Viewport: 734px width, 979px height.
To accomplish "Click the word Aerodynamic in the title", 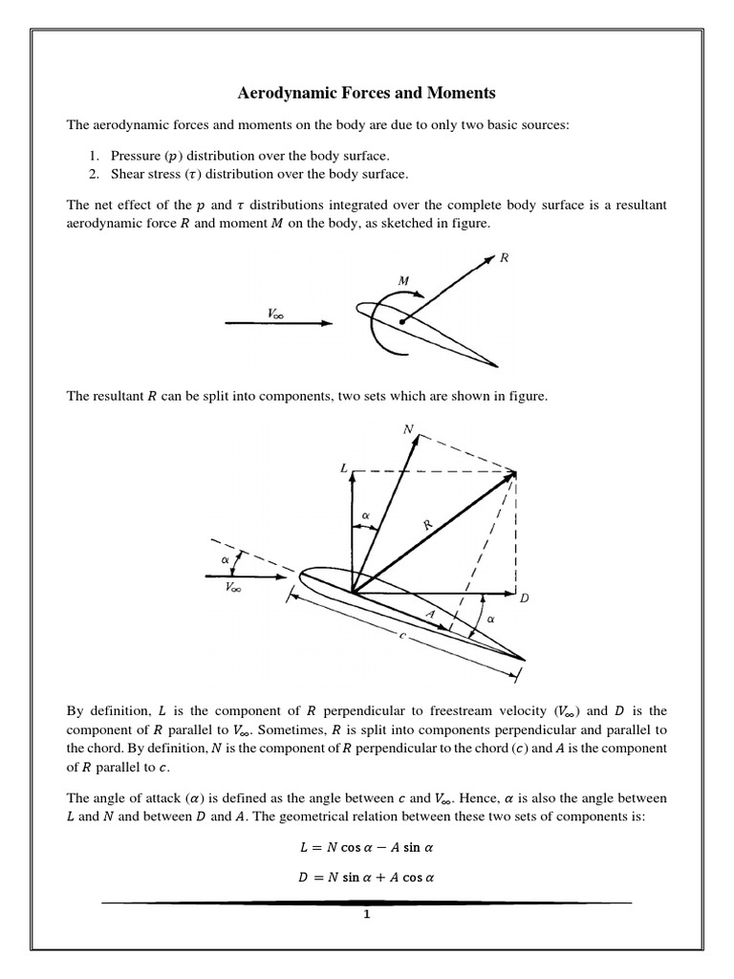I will tap(284, 94).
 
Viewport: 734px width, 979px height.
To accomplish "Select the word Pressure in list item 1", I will tap(137, 156).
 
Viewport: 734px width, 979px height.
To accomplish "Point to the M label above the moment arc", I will tap(404, 280).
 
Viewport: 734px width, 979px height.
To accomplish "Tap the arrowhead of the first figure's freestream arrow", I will tap(328, 323).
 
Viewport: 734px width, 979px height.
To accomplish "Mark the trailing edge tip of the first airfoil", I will tap(497, 365).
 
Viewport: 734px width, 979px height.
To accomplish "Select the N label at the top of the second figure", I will tap(409, 430).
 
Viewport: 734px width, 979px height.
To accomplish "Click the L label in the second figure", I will tap(343, 468).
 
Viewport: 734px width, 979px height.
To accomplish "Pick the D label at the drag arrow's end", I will tap(524, 598).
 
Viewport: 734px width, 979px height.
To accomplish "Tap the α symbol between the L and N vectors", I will tap(364, 515).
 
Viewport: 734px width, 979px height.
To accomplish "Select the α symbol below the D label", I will tap(491, 620).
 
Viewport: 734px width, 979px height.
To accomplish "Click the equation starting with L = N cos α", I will tap(366, 847).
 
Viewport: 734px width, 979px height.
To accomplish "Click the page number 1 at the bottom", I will tap(366, 915).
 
